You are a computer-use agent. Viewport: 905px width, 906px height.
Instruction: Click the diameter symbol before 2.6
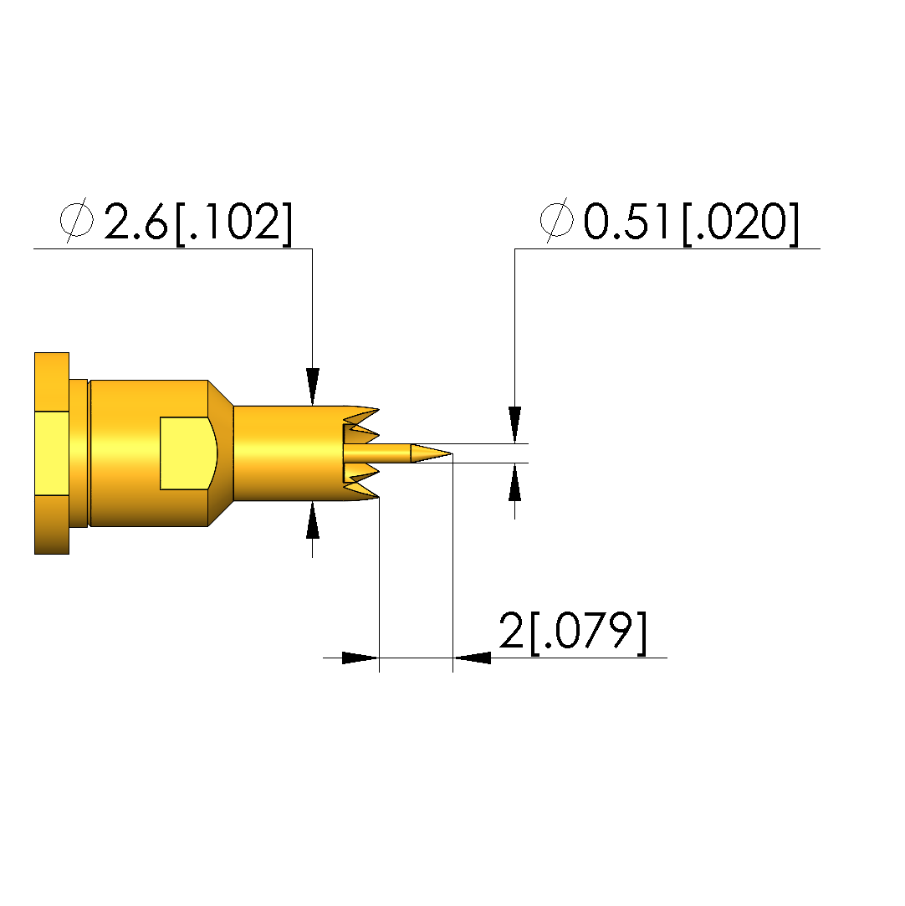pos(77,220)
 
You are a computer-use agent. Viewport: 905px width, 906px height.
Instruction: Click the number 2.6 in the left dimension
pos(135,222)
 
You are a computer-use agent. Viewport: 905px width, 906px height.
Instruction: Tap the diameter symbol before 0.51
pos(557,220)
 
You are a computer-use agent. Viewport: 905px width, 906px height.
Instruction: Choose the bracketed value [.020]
pos(741,223)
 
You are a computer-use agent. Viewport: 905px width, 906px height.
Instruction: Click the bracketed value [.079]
pos(589,632)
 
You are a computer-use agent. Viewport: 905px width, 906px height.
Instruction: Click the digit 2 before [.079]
pos(511,630)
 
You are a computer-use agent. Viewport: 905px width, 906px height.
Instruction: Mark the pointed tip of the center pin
pos(452,453)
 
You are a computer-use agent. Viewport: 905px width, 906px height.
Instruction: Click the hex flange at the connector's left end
pos(52,453)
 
